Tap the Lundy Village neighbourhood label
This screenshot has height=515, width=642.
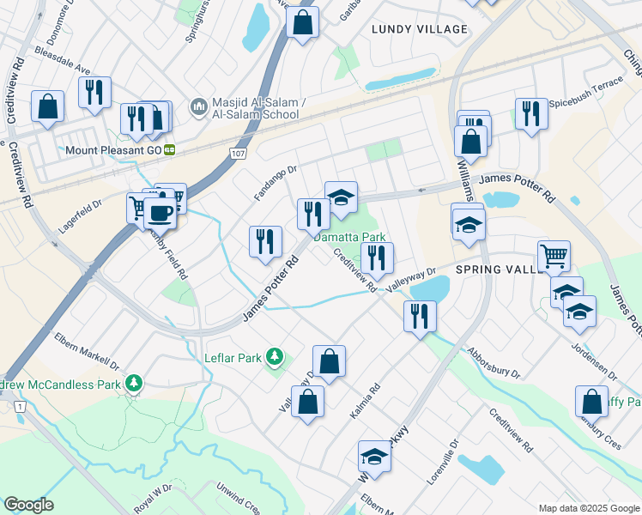(x=420, y=29)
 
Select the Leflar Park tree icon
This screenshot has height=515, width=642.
(x=275, y=355)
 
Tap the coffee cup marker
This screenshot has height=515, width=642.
(x=160, y=212)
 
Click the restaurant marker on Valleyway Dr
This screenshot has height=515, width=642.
(x=421, y=316)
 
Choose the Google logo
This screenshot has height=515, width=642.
(x=29, y=505)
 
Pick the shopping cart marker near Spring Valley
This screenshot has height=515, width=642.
(x=554, y=255)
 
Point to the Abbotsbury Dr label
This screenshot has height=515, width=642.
(x=494, y=361)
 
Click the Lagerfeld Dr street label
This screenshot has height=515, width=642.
(x=80, y=219)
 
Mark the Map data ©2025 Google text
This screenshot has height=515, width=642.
(x=588, y=507)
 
